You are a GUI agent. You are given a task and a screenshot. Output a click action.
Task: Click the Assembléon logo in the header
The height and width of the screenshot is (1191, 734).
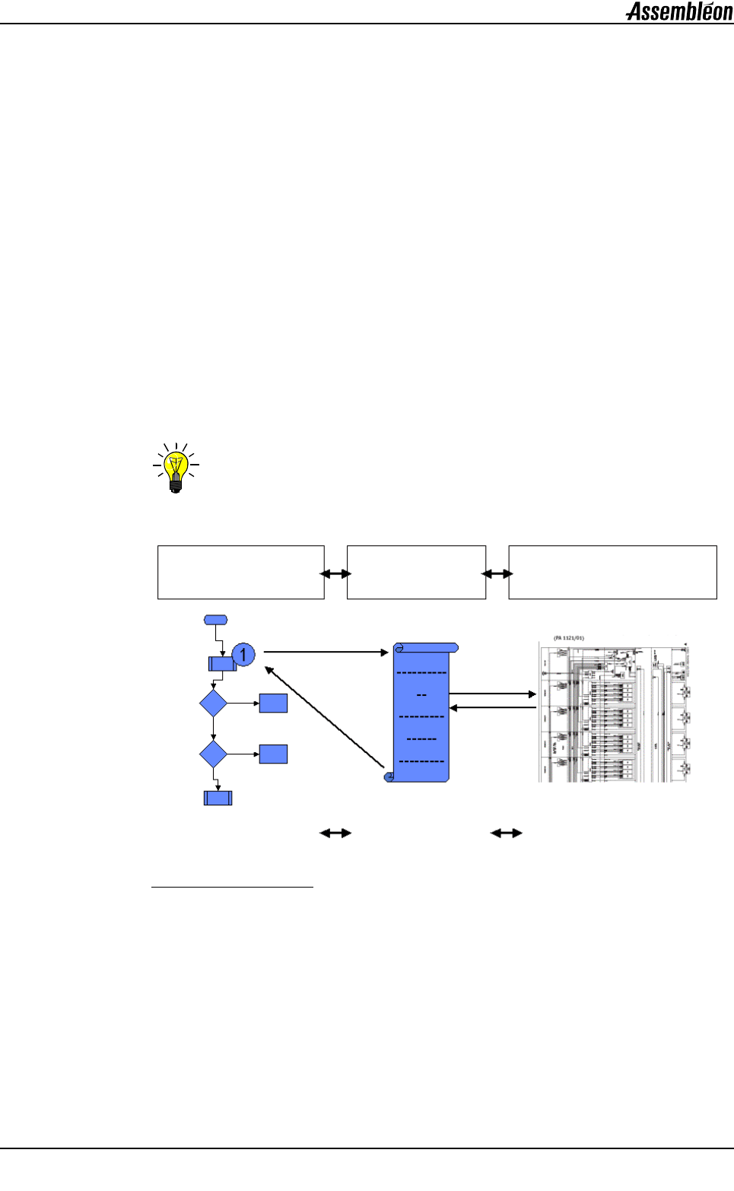(679, 11)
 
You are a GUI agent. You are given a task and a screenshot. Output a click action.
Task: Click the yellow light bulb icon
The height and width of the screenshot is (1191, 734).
(176, 468)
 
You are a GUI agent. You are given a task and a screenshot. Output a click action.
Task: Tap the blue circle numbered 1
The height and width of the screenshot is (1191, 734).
(243, 654)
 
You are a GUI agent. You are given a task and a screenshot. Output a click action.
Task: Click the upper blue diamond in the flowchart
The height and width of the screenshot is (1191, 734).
(213, 703)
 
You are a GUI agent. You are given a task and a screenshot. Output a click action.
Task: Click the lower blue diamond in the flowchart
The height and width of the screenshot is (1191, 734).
(213, 754)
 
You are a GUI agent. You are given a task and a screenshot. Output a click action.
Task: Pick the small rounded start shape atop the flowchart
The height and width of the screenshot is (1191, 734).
(215, 620)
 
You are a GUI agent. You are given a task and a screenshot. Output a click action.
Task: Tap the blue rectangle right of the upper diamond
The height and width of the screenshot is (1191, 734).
(273, 703)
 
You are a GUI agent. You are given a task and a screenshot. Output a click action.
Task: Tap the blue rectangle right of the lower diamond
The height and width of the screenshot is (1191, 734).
(273, 754)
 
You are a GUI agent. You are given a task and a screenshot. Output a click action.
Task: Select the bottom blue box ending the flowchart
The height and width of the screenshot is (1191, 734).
(218, 798)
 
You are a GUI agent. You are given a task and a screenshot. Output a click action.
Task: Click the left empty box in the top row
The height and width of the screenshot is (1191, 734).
(240, 572)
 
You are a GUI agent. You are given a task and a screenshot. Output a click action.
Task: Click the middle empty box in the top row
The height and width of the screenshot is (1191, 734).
(416, 572)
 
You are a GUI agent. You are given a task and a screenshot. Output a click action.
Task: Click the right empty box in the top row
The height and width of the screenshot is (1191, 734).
(612, 572)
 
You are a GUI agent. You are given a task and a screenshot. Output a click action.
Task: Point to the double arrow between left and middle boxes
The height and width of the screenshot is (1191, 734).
(335, 574)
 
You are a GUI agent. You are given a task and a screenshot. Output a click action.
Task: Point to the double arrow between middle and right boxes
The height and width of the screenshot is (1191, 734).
(497, 574)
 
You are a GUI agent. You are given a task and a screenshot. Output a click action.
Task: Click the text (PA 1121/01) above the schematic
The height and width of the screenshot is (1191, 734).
(569, 638)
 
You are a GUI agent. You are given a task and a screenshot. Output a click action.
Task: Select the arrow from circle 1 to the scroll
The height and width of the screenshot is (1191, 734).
(326, 653)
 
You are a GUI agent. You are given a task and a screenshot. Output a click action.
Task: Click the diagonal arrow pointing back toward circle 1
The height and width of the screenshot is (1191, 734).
(324, 717)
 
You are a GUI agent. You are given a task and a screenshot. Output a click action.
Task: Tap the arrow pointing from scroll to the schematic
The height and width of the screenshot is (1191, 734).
(493, 694)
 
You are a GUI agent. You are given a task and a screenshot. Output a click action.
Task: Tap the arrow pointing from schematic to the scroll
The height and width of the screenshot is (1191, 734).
(493, 708)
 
